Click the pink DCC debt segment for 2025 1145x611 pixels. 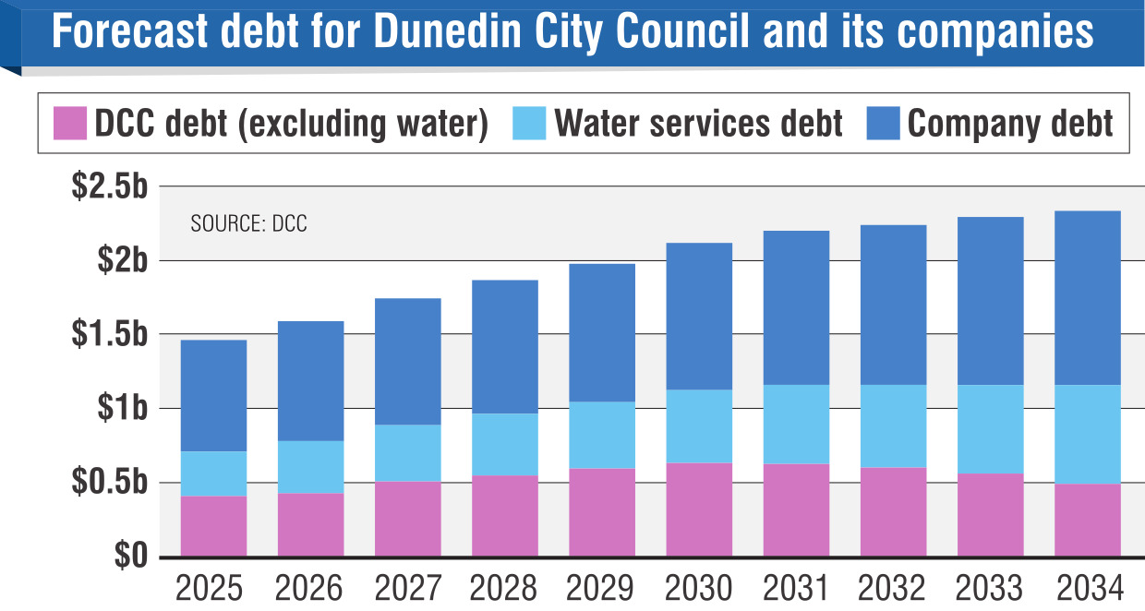(213, 526)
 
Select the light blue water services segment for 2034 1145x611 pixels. (1088, 434)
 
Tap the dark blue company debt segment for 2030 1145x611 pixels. (699, 316)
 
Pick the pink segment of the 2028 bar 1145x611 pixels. (505, 516)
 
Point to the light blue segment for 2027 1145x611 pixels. (408, 452)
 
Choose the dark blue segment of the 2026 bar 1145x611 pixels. (310, 380)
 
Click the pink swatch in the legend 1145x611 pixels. (69, 123)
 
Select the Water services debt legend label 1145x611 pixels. (698, 123)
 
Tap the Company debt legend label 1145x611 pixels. (1010, 123)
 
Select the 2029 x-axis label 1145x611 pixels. (602, 588)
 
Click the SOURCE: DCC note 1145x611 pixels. (248, 224)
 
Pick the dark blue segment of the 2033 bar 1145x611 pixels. (991, 301)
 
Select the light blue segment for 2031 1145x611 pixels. (796, 424)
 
